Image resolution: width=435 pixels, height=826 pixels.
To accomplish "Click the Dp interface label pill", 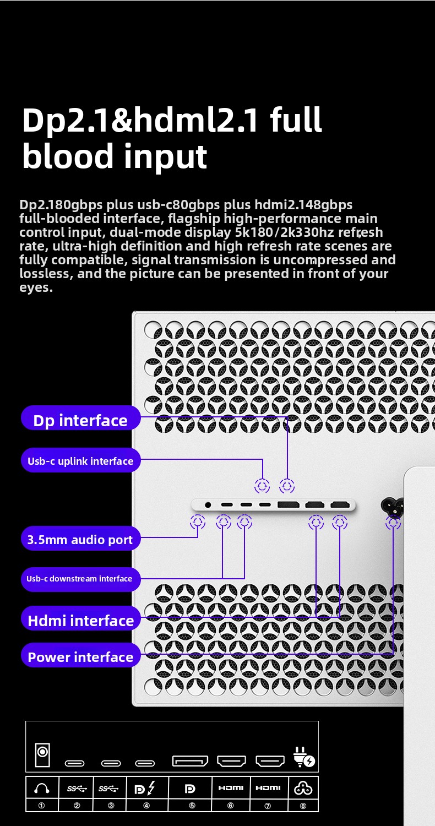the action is click(x=81, y=418).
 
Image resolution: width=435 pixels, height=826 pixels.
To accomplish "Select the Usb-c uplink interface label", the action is click(x=81, y=460).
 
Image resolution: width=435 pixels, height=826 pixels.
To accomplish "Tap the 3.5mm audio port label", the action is click(x=81, y=539).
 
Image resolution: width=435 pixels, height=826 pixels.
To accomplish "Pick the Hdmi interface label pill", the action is click(x=81, y=618).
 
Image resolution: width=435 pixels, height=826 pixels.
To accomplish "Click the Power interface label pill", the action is click(x=81, y=655).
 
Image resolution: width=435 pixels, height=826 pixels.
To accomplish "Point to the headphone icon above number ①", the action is click(x=42, y=789).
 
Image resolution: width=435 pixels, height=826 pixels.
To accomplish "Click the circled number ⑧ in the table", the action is click(x=303, y=806).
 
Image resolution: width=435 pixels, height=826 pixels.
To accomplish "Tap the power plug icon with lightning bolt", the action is click(x=304, y=757).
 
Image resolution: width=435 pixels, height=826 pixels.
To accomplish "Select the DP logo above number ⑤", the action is click(x=190, y=789).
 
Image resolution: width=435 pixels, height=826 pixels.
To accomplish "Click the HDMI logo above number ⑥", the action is click(x=231, y=788).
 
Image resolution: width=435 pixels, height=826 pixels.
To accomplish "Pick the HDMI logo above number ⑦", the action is click(x=268, y=788).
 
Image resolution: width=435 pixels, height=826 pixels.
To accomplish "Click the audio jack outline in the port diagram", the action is click(x=42, y=755).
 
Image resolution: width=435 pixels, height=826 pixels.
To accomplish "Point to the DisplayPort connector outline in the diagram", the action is click(x=190, y=760).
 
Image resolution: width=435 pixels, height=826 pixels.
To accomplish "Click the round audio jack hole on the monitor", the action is click(x=208, y=505).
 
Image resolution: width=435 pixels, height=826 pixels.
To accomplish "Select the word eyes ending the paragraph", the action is click(x=36, y=288).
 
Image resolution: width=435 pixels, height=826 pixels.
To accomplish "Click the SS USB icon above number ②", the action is click(x=77, y=789).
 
